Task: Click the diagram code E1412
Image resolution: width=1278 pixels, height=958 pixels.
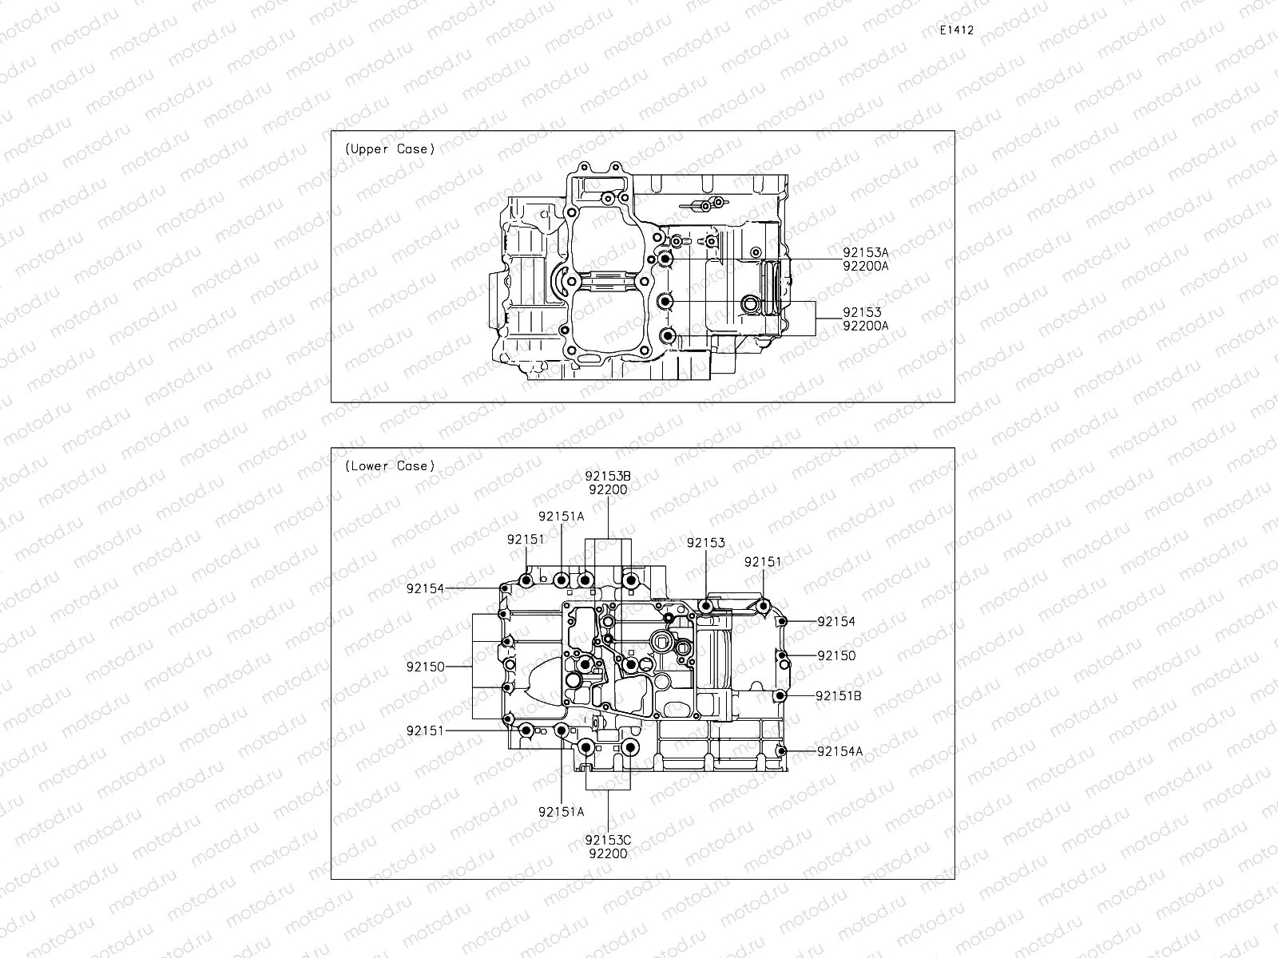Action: pyautogui.click(x=956, y=30)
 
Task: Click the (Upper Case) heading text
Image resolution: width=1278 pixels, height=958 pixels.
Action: pyautogui.click(x=390, y=149)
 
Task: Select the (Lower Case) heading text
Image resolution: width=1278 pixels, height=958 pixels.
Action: pyautogui.click(x=390, y=466)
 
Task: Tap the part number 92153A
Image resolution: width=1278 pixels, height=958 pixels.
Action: pyautogui.click(x=865, y=252)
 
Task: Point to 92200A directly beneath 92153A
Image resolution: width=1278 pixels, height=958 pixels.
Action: pyautogui.click(x=865, y=266)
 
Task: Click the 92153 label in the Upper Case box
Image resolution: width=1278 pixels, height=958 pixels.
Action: pyautogui.click(x=862, y=312)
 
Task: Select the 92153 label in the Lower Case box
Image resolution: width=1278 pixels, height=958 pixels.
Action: pyautogui.click(x=705, y=543)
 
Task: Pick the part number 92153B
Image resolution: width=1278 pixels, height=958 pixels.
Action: pyautogui.click(x=608, y=477)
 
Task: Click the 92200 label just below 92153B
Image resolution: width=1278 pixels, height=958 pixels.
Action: pyautogui.click(x=608, y=490)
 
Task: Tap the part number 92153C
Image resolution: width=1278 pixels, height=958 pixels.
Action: pyautogui.click(x=608, y=840)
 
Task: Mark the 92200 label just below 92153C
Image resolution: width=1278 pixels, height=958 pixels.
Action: pyautogui.click(x=608, y=853)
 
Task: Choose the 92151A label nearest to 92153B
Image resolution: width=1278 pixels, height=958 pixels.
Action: pyautogui.click(x=561, y=517)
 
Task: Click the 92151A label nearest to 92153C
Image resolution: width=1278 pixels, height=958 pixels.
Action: pyautogui.click(x=561, y=812)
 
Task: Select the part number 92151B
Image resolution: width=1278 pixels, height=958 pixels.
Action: pyautogui.click(x=838, y=696)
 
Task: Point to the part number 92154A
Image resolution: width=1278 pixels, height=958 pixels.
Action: pyautogui.click(x=839, y=751)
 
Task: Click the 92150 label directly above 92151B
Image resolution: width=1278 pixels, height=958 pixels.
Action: pyautogui.click(x=835, y=656)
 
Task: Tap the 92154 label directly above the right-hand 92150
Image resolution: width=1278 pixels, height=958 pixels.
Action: pyautogui.click(x=835, y=622)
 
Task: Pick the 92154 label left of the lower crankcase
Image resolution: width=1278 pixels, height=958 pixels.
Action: pyautogui.click(x=425, y=589)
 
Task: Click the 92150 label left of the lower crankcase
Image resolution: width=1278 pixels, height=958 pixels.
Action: pyautogui.click(x=425, y=667)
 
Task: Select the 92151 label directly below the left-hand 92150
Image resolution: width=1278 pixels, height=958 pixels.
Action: pyautogui.click(x=425, y=730)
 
